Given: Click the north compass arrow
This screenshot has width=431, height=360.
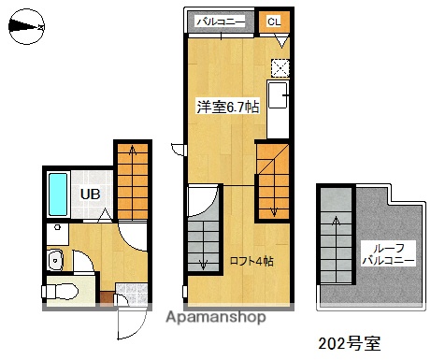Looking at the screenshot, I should tap(25, 27).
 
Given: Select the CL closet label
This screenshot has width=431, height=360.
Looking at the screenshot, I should tap(273, 21).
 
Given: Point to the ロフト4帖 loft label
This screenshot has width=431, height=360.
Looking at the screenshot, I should tap(251, 261).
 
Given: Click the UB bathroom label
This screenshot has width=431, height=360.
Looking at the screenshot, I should tap(89, 194).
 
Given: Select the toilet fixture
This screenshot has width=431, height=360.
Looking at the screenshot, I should tap(62, 292).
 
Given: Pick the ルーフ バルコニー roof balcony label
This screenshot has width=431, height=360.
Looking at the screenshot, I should tap(380, 253).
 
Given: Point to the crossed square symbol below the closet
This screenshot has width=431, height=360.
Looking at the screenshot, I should tap(280, 66).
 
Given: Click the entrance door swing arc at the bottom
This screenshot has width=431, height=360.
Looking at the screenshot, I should tap(127, 324).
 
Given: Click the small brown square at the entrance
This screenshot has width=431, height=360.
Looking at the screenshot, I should tap(106, 298).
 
